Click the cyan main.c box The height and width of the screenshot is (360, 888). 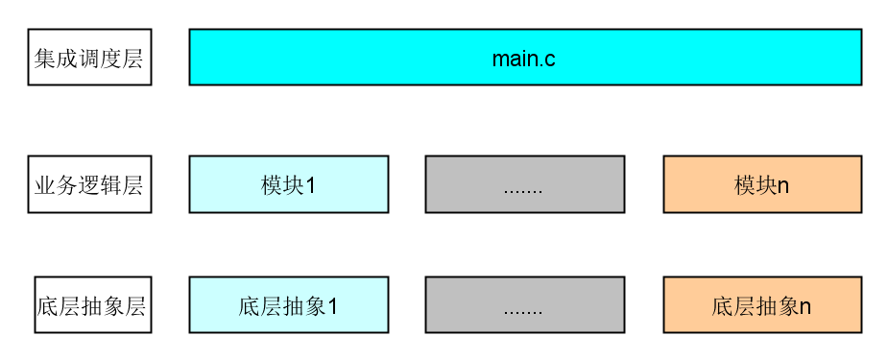tap(524, 58)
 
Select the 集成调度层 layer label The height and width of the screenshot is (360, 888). tap(89, 58)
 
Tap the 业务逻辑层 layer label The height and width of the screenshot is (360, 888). tap(89, 184)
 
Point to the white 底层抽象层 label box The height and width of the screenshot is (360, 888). tap(92, 305)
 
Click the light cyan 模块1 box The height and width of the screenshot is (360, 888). tap(288, 184)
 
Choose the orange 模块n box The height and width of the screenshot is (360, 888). tap(761, 184)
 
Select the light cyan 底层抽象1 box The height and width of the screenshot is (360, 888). tap(288, 305)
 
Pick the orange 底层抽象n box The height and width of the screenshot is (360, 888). tap(761, 305)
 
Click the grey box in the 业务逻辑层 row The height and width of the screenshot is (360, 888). tap(524, 184)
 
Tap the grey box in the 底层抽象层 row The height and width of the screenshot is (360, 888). tap(524, 305)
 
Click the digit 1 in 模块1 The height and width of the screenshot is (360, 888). tap(311, 185)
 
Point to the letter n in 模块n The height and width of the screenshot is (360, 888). tap(783, 186)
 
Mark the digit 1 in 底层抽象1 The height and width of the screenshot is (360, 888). tap(333, 307)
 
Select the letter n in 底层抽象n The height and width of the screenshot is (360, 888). tap(805, 308)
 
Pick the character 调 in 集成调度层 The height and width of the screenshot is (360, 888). tap(89, 59)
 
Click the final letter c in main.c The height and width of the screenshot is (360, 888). tap(550, 60)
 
